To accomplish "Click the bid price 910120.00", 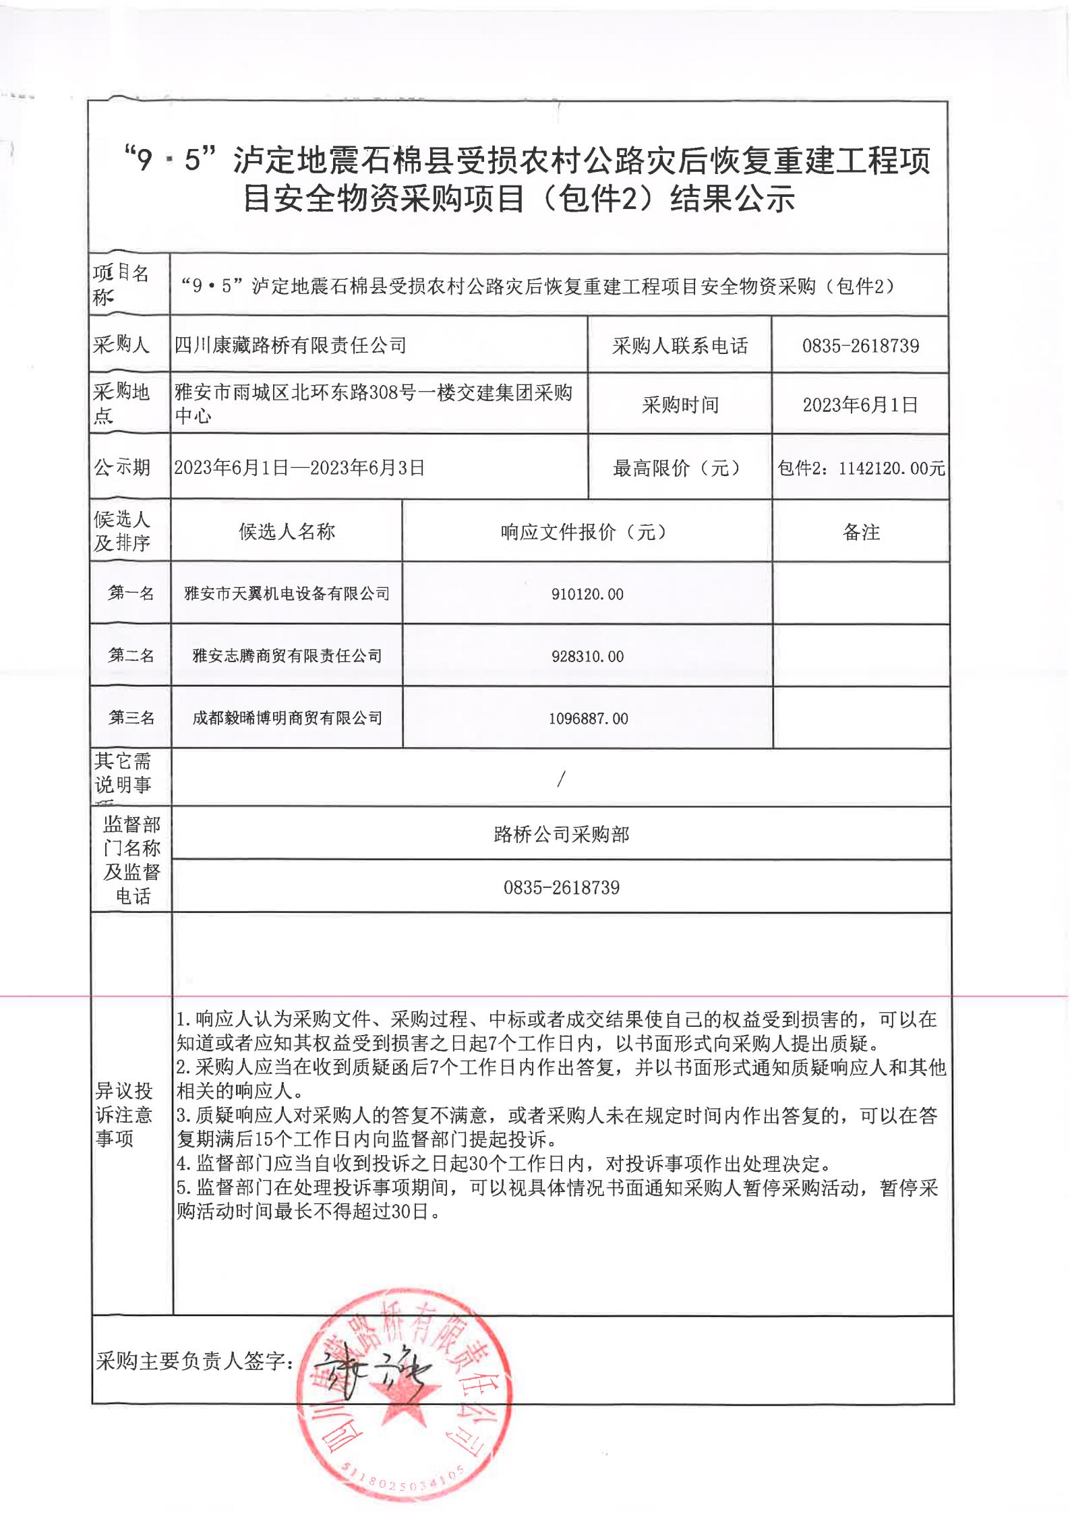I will point(587,594).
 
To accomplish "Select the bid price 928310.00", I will point(587,656).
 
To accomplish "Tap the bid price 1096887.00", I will point(588,719).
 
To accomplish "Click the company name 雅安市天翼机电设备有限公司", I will point(287,594).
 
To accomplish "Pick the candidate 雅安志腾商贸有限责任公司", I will point(287,656).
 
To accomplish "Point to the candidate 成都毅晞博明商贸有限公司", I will point(287,718).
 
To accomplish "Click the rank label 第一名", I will point(131,593).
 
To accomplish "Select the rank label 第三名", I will point(131,717).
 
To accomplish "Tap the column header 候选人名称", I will point(287,532).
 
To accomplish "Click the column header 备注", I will point(861,533).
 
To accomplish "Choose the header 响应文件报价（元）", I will point(587,533).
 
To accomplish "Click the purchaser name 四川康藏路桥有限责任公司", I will point(291,345).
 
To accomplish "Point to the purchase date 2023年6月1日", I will point(860,405).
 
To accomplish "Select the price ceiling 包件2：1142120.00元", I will point(861,468).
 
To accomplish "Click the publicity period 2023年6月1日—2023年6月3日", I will point(299,468).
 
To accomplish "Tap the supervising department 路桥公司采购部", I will point(561,835).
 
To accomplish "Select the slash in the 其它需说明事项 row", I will point(562,779).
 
